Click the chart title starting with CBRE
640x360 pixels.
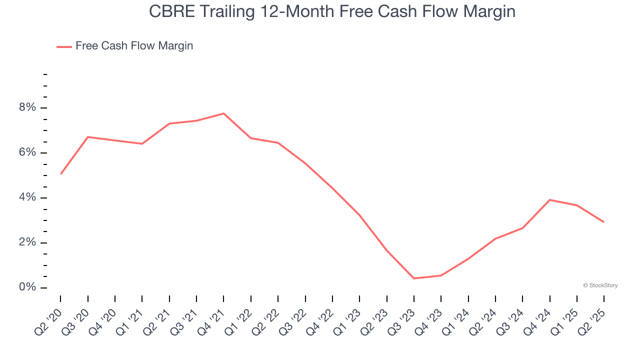pos(332,11)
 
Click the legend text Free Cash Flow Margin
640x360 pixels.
pos(134,46)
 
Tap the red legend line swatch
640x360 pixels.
pos(64,46)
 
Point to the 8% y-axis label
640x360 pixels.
pos(28,108)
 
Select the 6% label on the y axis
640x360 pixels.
pos(28,152)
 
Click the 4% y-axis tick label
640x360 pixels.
pos(28,197)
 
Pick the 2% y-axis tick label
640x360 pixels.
pos(28,242)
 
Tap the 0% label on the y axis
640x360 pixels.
pos(28,287)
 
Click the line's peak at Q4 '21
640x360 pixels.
pos(223,113)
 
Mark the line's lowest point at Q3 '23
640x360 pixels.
pos(414,278)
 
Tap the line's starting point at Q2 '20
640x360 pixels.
pos(60,174)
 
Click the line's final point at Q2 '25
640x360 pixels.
pos(604,222)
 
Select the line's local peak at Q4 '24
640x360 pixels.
pos(550,200)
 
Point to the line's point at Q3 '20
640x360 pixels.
pos(88,137)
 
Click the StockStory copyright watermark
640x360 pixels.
pos(600,285)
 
